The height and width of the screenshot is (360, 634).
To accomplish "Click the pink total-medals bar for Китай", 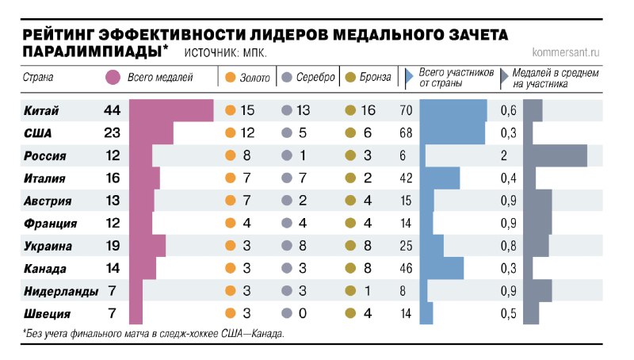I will (171, 110).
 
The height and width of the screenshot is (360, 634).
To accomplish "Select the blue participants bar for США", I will (452, 133).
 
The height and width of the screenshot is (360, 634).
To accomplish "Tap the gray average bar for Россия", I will (556, 156).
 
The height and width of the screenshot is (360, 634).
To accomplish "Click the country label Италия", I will (44, 179).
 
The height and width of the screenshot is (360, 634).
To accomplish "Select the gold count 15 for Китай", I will (248, 110).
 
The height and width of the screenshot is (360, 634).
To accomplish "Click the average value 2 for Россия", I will (504, 156).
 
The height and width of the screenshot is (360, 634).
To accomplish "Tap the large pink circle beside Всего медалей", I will (113, 77).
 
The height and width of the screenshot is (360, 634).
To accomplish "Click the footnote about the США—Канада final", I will (154, 334).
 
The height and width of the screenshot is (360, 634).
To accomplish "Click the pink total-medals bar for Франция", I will (141, 224).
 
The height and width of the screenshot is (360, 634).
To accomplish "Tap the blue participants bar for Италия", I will (440, 178).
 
